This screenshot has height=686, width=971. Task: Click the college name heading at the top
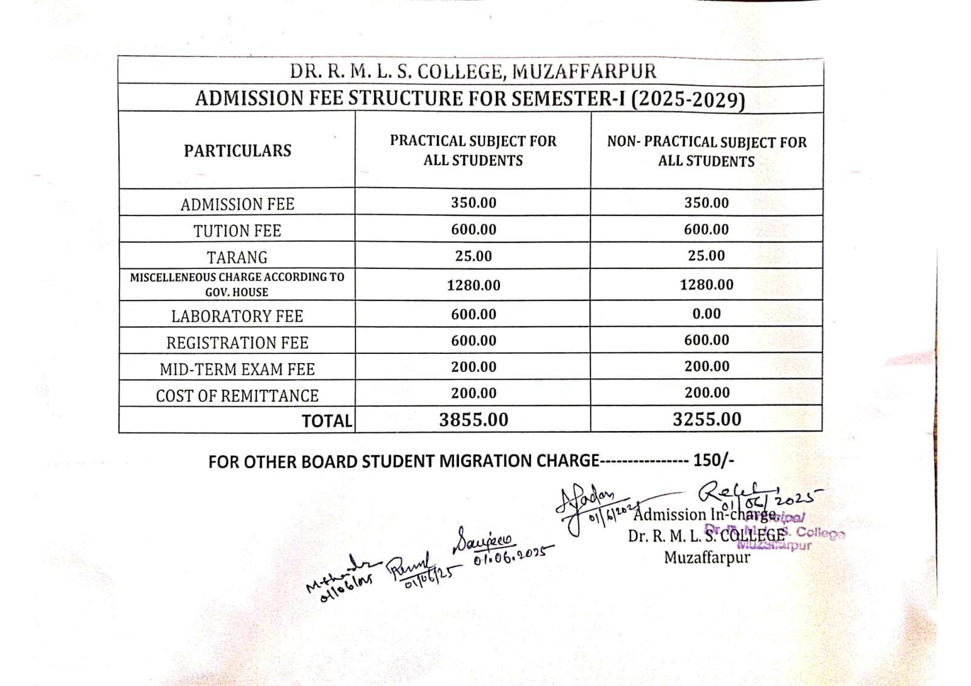473,71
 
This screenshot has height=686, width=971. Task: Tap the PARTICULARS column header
237,151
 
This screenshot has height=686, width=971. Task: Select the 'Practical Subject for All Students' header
473,151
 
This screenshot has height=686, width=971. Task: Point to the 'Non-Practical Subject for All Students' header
706,152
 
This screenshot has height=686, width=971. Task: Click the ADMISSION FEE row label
237,204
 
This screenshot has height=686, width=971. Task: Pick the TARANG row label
237,257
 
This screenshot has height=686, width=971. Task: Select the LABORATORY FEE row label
237,316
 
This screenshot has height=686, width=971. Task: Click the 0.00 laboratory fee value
706,314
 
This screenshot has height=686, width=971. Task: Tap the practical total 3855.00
473,419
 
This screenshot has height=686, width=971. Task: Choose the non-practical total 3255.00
706,419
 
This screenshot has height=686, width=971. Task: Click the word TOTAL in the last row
327,421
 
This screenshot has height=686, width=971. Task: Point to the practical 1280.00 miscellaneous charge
473,285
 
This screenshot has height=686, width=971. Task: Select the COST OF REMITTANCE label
237,396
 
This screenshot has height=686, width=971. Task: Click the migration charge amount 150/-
714,460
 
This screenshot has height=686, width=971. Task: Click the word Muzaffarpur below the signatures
706,557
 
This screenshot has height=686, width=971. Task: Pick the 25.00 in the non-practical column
706,256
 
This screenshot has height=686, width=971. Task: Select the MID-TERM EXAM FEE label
237,369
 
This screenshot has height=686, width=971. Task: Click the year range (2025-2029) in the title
688,100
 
